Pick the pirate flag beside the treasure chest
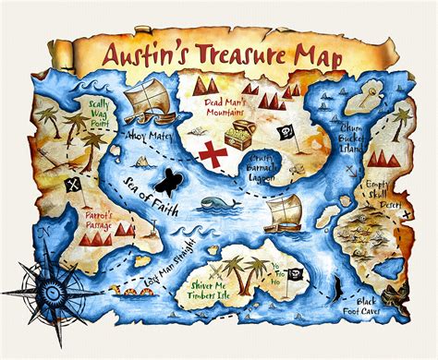point(286,131)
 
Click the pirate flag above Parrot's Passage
point(70,186)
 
